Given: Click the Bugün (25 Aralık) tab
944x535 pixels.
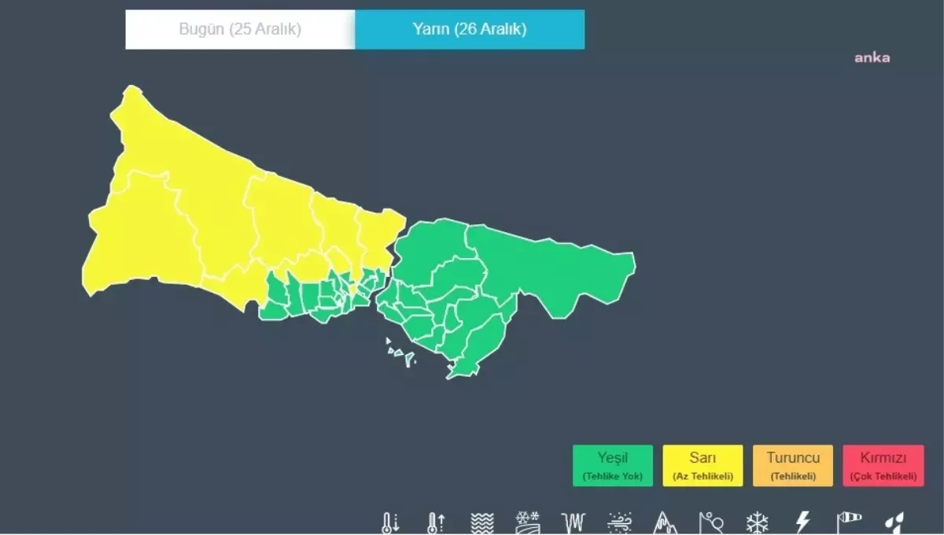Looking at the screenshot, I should (x=240, y=30).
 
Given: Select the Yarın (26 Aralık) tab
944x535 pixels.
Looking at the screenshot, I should (x=470, y=30).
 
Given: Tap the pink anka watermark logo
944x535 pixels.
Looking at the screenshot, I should (x=872, y=57).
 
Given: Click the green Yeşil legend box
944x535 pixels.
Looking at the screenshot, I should (x=613, y=466).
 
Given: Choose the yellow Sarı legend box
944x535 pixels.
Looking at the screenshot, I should (x=702, y=466).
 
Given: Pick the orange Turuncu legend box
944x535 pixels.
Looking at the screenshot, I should (x=793, y=466).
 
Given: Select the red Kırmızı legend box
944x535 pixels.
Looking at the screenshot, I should (x=883, y=466).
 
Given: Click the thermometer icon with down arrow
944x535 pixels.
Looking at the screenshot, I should (x=391, y=523).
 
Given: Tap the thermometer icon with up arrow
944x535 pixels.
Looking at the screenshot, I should (x=436, y=523).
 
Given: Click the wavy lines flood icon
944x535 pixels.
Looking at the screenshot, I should (x=481, y=523).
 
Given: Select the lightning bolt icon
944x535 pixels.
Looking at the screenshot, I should (x=802, y=522).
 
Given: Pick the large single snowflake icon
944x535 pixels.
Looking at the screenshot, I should (x=757, y=522).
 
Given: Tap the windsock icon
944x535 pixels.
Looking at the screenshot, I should (x=848, y=522).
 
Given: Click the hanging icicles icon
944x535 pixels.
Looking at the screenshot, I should (x=573, y=523).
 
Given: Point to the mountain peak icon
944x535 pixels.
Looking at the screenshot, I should (x=665, y=523).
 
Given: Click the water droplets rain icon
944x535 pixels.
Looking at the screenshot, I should (x=894, y=523).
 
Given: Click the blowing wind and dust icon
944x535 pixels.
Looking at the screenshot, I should (x=619, y=523).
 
